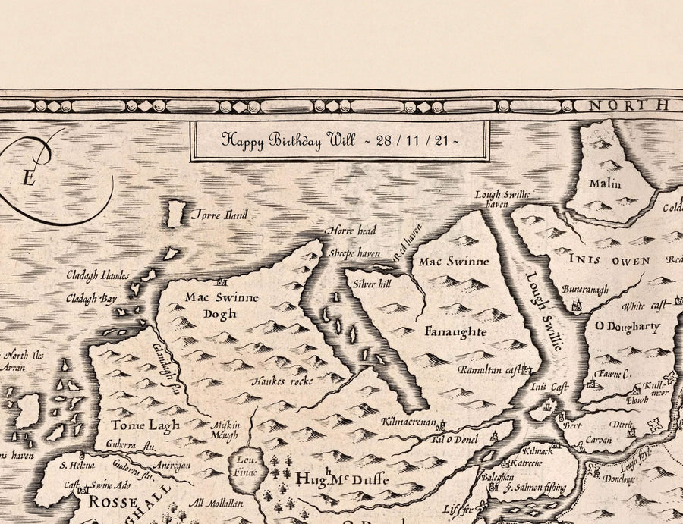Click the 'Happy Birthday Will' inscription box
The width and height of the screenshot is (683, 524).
click(x=340, y=140)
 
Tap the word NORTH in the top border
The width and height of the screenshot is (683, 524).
click(x=620, y=105)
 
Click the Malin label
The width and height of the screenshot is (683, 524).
click(x=604, y=184)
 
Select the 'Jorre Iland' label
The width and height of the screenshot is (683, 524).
click(x=219, y=215)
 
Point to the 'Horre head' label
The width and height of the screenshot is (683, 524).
click(x=350, y=230)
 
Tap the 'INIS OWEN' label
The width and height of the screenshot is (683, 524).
click(x=609, y=261)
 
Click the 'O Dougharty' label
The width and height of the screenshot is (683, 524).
click(x=626, y=327)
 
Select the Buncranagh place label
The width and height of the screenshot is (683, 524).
click(x=585, y=289)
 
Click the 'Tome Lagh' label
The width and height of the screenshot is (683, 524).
click(x=137, y=425)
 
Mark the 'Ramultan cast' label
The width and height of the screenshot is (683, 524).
click(x=491, y=369)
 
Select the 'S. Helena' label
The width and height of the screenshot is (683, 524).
click(x=75, y=465)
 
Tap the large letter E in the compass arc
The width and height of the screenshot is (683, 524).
click(x=29, y=178)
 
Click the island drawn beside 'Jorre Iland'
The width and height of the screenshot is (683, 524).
click(x=177, y=215)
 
